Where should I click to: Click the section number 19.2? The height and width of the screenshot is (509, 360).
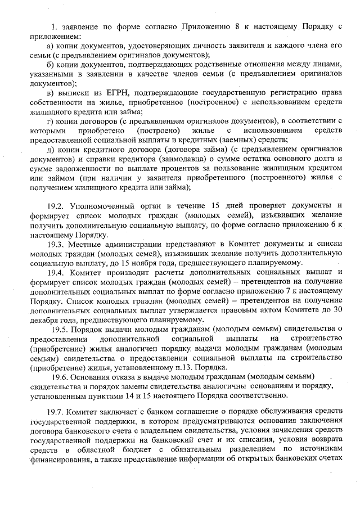coord(56,204)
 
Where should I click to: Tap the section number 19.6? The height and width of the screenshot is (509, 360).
coord(62,376)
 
